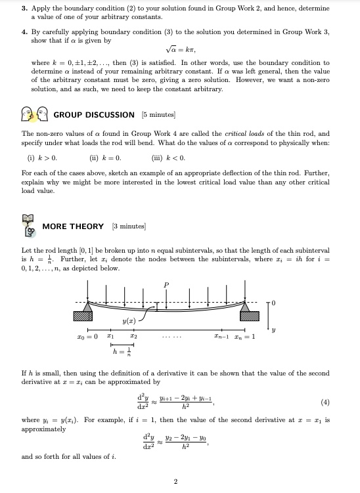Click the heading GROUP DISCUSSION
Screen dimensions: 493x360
94,115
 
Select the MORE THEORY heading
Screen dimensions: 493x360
73,226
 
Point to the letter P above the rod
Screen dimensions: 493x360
166,284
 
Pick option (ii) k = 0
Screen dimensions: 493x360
105,158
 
